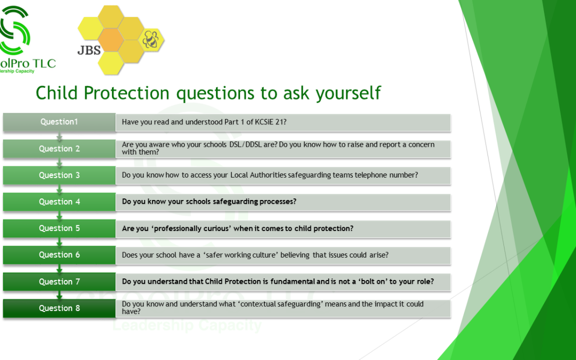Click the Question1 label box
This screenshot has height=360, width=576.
pos(59,122)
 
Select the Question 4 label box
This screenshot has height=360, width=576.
pos(59,202)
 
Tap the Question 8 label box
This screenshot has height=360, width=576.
pos(59,308)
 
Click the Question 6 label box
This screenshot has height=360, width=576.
pos(59,255)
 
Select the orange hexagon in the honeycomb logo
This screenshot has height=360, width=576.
pos(111,39)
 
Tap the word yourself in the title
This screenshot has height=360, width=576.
pos(348,93)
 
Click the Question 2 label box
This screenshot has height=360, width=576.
pos(59,149)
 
